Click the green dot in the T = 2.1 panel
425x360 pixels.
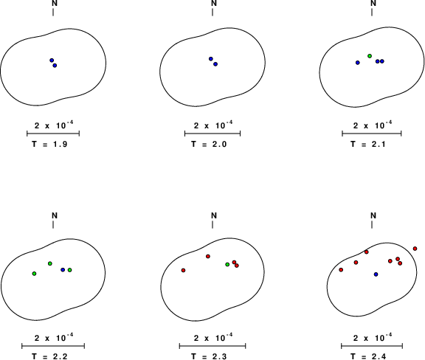point(370,56)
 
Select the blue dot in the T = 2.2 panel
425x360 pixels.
point(63,270)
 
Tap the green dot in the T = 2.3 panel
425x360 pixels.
point(227,264)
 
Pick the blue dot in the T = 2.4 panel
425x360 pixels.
point(376,274)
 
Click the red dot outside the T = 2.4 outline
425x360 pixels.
point(415,249)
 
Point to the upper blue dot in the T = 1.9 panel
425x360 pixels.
point(52,60)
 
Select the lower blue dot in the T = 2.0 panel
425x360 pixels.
point(215,64)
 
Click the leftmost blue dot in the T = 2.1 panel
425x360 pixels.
point(358,63)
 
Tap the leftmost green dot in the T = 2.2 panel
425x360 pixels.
point(34,274)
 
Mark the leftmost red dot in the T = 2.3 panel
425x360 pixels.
point(183,270)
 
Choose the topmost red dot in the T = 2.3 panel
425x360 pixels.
point(208,256)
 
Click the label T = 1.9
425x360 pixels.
point(49,144)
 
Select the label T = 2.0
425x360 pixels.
point(209,144)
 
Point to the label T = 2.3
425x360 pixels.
point(209,356)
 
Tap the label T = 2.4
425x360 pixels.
point(368,356)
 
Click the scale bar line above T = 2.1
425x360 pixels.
point(372,134)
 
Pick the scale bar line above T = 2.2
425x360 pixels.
point(53,346)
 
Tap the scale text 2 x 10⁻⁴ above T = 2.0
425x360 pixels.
point(213,125)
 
